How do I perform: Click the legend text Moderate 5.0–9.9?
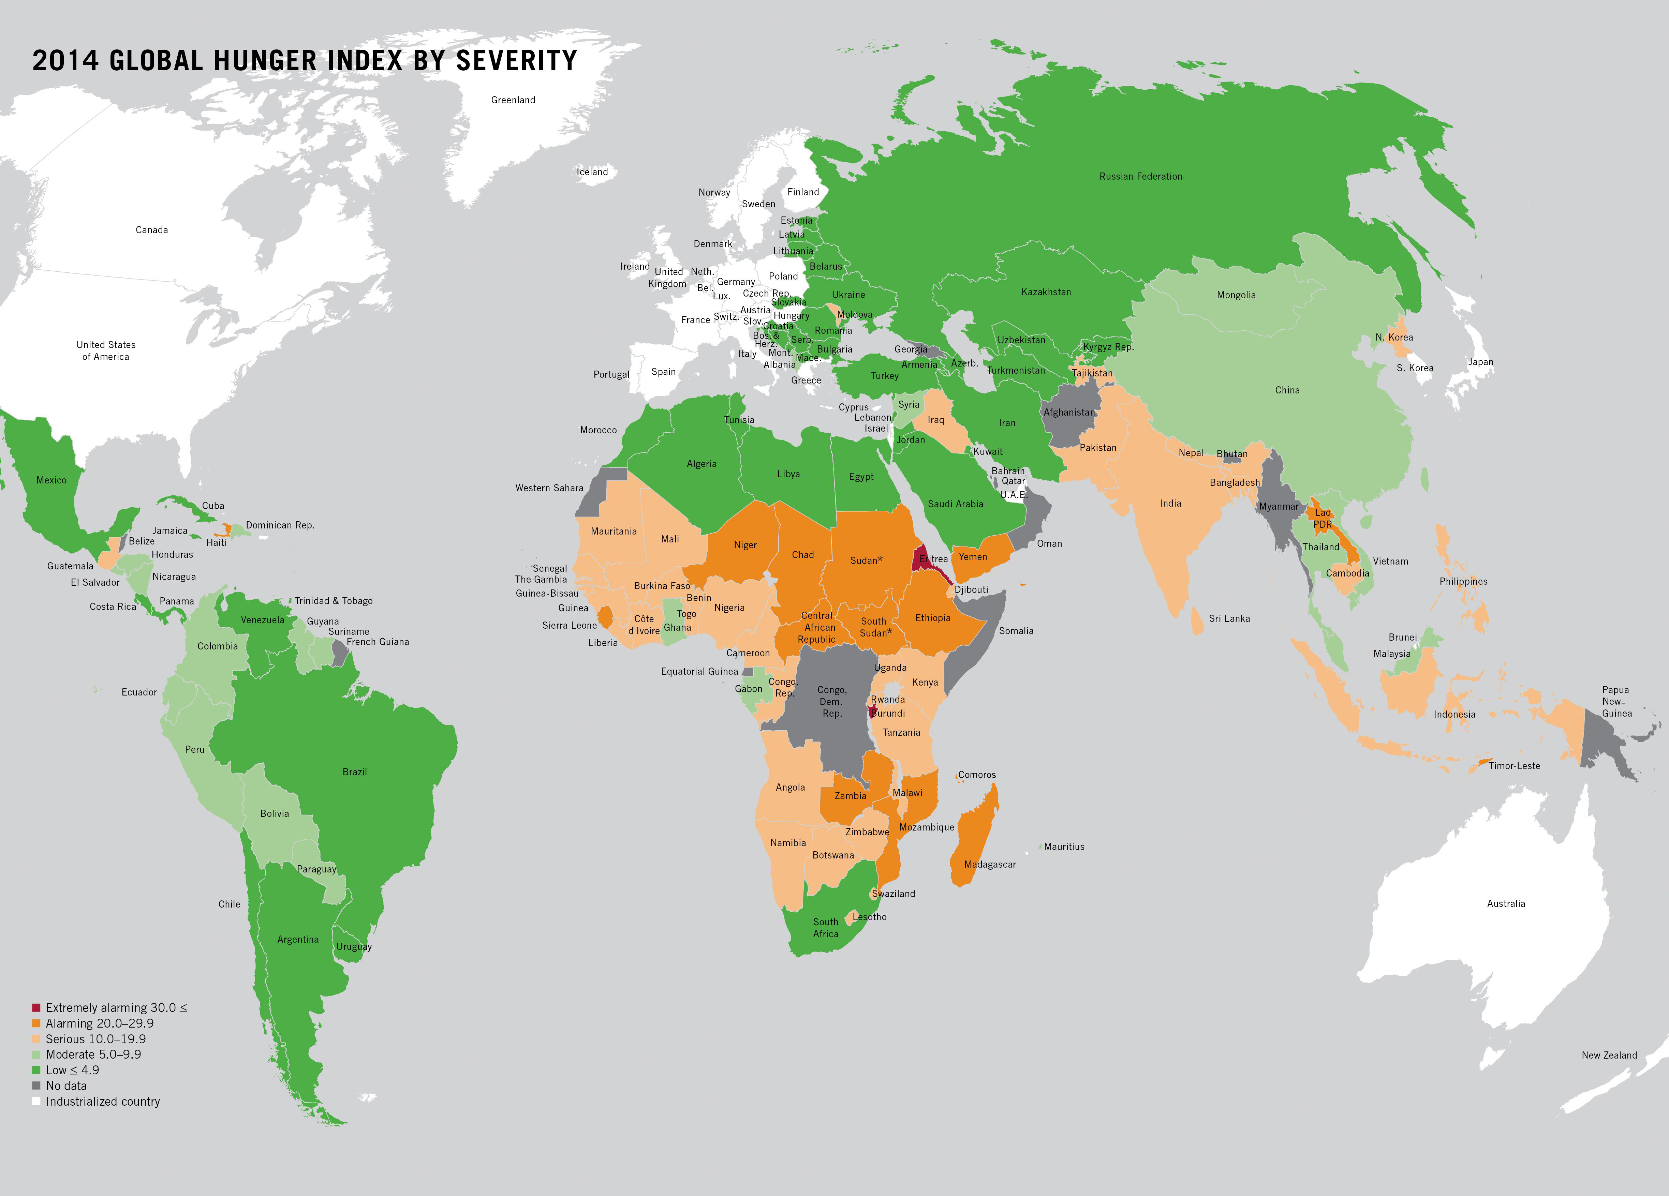[x=93, y=1054]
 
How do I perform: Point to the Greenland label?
[x=513, y=100]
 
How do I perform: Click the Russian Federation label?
[x=1141, y=177]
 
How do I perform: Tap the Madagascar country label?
[x=990, y=864]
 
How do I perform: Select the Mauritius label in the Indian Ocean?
[x=1064, y=847]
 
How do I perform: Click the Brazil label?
[x=355, y=772]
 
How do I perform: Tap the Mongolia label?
[x=1236, y=295]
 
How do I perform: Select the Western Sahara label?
[x=549, y=488]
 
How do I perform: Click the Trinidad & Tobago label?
[x=334, y=601]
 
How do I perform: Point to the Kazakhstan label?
[x=1046, y=292]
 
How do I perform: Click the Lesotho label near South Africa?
[x=869, y=917]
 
